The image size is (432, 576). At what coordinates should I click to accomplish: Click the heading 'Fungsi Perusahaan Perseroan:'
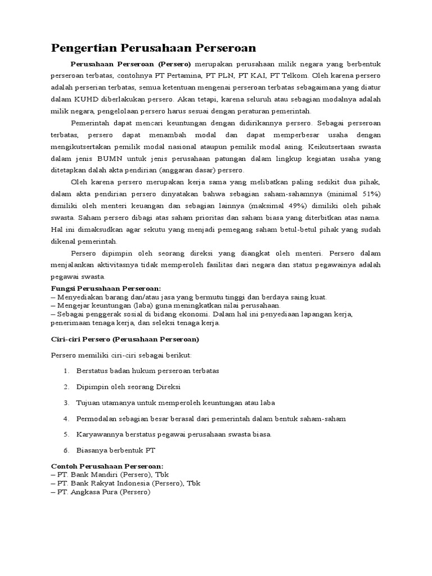tap(106, 289)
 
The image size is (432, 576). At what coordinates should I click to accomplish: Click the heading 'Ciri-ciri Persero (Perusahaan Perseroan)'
tap(125, 340)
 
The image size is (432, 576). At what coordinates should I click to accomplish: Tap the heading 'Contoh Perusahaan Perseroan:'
tap(107, 466)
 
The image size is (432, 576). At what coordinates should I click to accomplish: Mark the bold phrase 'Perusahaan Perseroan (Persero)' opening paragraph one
tap(130, 63)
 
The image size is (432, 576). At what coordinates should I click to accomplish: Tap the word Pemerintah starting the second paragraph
tap(91, 123)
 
